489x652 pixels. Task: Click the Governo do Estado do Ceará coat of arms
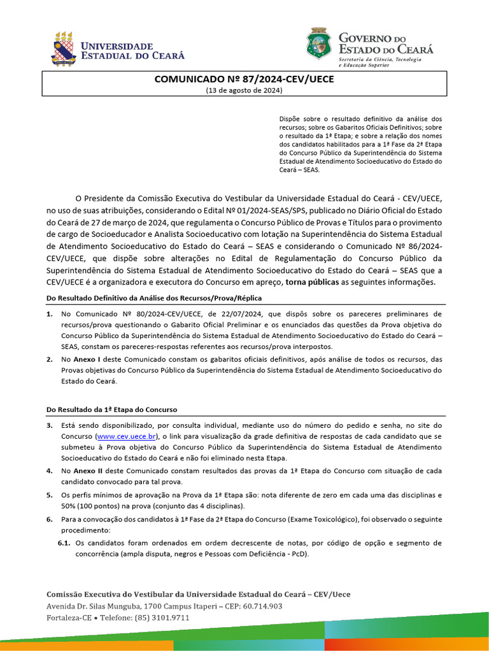319,44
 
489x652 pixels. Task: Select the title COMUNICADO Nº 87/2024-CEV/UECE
244,80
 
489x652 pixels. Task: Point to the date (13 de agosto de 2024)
244,90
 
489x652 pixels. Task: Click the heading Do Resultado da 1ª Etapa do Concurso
112,409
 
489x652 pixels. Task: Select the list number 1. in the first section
50,314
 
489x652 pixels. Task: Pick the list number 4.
50,471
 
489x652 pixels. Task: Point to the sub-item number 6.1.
64,542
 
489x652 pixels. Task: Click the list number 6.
50,520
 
